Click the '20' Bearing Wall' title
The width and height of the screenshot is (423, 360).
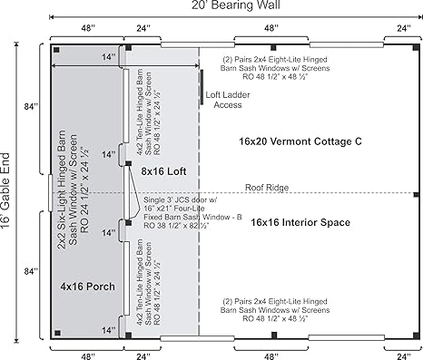point(236,5)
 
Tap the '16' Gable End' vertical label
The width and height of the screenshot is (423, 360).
point(5,190)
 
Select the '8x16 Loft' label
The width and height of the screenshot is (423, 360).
point(163,171)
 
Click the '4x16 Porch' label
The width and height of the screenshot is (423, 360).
point(87,287)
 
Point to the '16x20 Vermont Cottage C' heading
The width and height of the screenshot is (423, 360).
point(300,141)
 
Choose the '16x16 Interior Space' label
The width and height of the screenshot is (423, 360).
point(300,222)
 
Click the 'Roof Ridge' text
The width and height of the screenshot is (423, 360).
point(267,188)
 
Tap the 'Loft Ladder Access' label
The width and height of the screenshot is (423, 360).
point(228,100)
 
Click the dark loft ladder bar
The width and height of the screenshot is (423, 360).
point(202,87)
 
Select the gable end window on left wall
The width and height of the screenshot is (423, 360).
point(50,193)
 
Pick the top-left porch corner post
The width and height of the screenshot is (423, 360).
point(56,50)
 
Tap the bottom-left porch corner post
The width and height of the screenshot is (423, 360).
point(57,333)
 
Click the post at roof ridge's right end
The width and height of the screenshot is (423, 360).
point(417,195)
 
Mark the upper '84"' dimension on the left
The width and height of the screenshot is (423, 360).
point(32,106)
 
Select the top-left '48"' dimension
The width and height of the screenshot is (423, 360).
point(88,28)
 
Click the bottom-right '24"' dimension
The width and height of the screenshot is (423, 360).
point(404,356)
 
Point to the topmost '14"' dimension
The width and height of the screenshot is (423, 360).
point(108,57)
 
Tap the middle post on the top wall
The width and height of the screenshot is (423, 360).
point(273,47)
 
